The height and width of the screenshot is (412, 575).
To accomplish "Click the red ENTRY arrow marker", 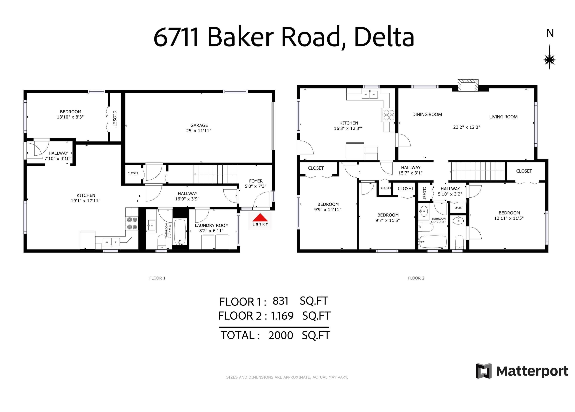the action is (x=260, y=218).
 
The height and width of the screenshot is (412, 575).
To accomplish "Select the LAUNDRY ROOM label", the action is (x=212, y=225).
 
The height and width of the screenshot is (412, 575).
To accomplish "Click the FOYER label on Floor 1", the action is (x=256, y=181).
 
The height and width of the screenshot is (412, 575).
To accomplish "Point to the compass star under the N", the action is (x=549, y=60).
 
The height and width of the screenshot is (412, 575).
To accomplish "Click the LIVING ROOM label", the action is (x=503, y=117).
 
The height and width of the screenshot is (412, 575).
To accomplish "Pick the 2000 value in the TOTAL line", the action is (x=280, y=335).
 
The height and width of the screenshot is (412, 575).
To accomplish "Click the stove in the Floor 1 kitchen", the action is (x=132, y=223).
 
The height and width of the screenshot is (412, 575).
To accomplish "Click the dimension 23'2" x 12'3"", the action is (x=467, y=127).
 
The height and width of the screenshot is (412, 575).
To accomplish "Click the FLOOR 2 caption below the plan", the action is (x=416, y=278).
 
